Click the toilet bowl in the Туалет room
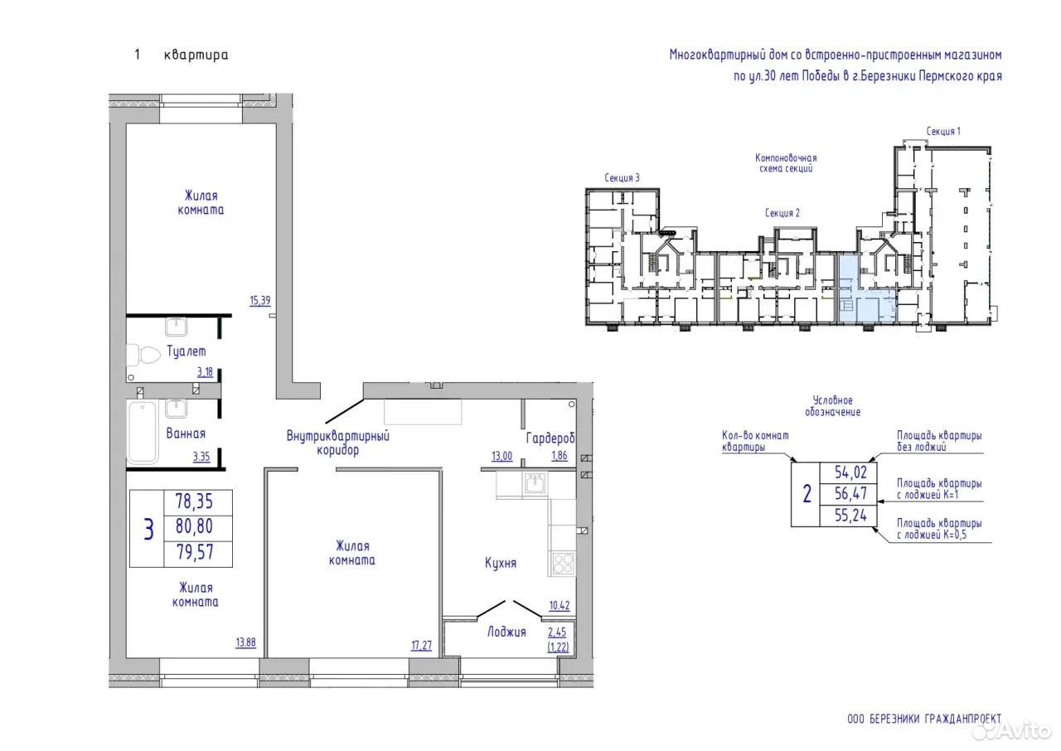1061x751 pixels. (143, 355)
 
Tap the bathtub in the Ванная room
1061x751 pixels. (142, 433)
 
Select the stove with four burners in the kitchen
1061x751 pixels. (564, 564)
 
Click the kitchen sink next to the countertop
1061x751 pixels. (535, 483)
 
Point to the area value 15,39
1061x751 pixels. (260, 300)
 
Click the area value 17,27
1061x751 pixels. (422, 645)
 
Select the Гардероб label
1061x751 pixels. (550, 438)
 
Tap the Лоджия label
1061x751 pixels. (506, 632)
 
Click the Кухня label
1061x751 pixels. (501, 563)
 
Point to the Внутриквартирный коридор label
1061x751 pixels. (337, 443)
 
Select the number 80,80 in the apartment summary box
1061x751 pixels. (194, 526)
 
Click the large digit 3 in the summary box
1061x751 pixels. (148, 529)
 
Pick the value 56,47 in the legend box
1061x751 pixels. (850, 493)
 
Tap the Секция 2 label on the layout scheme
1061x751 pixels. (782, 213)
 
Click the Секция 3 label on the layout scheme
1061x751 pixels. (622, 177)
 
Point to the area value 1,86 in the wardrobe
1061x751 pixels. (560, 456)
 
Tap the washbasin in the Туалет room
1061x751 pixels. (177, 327)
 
